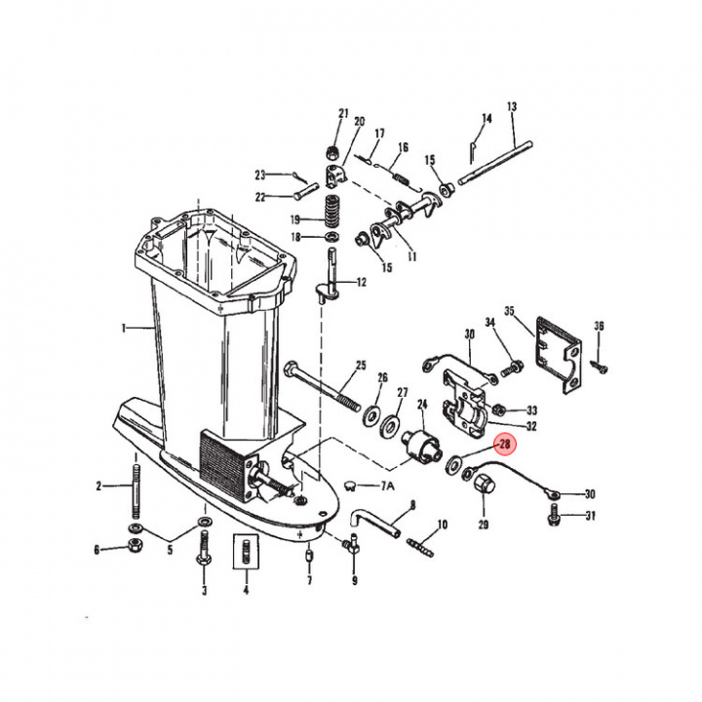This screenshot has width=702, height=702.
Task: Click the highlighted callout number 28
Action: pos(505,445)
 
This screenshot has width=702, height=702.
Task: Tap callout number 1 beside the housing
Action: pos(124,329)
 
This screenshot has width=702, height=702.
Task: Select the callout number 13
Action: pos(512,106)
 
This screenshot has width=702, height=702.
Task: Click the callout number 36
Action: pos(599,326)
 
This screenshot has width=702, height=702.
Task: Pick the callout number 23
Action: pos(260,175)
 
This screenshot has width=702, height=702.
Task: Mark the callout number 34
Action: pos(490,323)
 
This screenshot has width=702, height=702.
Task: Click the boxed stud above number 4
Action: pos(246,552)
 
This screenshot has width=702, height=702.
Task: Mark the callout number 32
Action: pos(530,426)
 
